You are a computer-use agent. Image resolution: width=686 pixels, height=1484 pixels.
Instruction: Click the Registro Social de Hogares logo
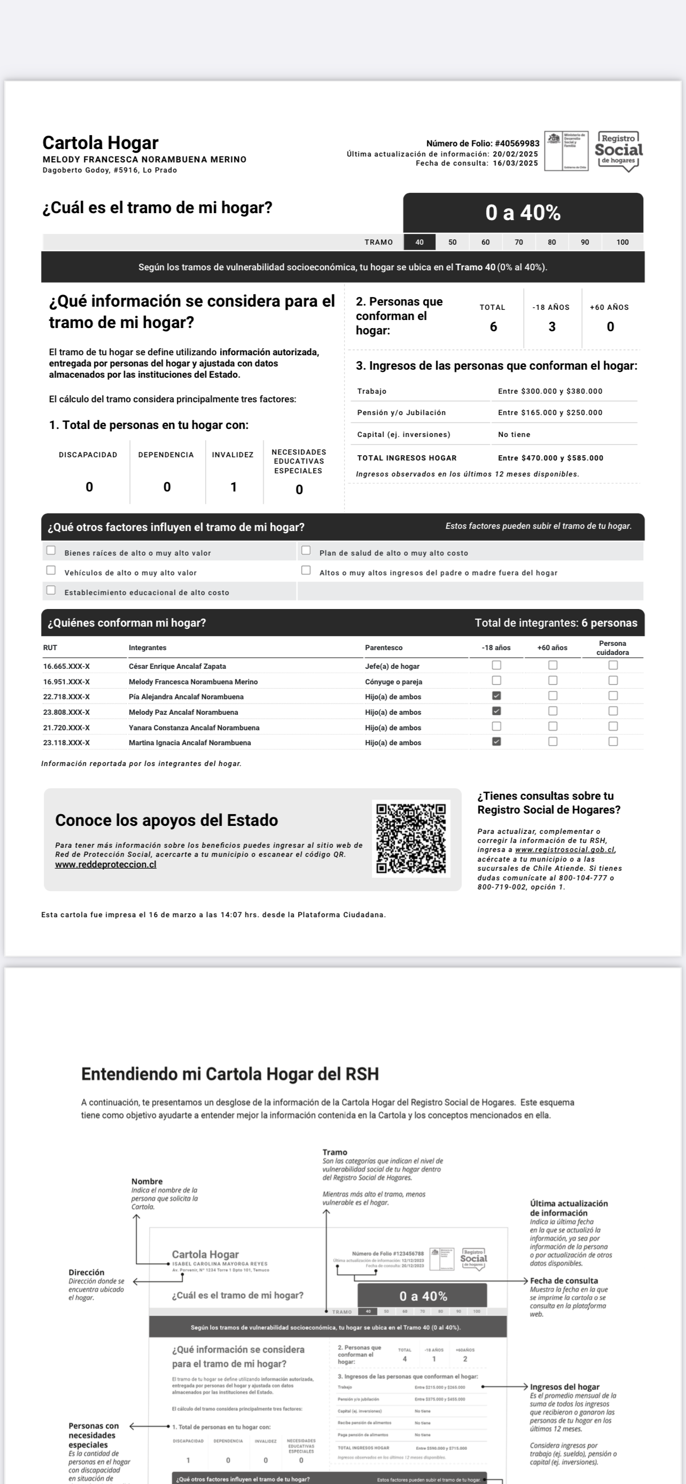[619, 151]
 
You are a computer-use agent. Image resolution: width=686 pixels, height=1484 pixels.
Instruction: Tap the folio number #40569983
[517, 144]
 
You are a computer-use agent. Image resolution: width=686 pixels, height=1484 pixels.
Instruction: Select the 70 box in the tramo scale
[518, 243]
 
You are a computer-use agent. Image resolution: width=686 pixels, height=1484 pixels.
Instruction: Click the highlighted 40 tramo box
[419, 243]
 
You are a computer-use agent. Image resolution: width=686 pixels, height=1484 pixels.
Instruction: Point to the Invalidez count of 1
[233, 487]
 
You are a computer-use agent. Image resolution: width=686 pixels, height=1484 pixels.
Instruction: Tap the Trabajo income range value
[550, 392]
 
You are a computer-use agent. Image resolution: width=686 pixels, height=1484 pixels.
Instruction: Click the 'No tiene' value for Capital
[514, 435]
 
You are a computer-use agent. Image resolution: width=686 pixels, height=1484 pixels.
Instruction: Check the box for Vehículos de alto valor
[51, 571]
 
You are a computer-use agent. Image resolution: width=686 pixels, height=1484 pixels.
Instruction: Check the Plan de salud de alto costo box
[306, 551]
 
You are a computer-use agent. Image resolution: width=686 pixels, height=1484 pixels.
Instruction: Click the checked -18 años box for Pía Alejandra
[496, 696]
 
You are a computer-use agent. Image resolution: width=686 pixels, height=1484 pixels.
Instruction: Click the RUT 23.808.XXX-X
[66, 713]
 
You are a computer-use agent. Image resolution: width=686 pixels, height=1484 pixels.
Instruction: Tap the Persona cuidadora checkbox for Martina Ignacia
[613, 742]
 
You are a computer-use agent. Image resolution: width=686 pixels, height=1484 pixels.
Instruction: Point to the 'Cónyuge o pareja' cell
[393, 682]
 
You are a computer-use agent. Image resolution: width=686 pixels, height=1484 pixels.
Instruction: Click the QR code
[411, 839]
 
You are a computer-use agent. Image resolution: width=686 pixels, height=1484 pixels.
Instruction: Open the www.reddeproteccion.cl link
[105, 865]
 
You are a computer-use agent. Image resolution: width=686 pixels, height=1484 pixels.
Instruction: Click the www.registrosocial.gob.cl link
[565, 850]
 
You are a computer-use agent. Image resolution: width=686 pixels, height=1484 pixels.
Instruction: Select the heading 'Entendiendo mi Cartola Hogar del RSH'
[230, 1074]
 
